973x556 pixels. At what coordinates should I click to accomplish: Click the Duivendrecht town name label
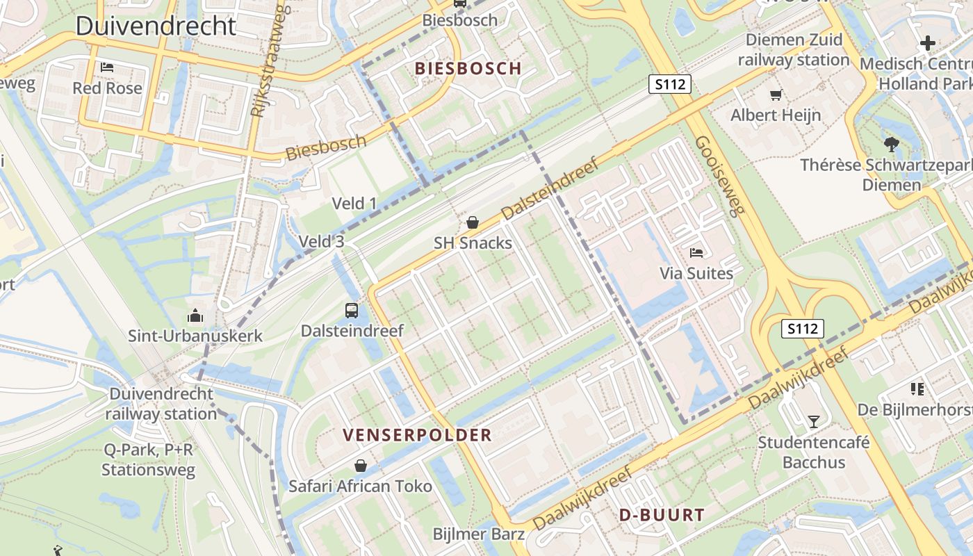(156, 26)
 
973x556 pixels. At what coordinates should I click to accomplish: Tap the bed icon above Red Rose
(107, 67)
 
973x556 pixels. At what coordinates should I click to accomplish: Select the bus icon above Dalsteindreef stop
(352, 310)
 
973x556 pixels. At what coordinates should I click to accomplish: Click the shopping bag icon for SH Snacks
(473, 222)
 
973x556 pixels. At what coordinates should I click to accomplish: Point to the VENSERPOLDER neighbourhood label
(417, 436)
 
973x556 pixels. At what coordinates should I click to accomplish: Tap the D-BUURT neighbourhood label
(662, 516)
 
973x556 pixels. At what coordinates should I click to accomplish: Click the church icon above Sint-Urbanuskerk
(195, 316)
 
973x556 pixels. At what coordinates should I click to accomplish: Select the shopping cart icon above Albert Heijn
(776, 95)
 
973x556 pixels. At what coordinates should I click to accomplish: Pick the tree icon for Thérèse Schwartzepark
(891, 145)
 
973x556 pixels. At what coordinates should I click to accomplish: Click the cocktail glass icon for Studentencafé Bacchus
(813, 421)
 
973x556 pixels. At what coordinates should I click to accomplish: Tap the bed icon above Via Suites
(696, 252)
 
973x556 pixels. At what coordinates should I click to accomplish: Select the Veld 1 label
(354, 204)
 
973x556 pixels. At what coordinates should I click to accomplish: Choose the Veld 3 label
(321, 242)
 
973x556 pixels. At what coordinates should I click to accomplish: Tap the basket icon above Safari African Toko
(360, 465)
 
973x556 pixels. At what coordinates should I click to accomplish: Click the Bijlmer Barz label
(478, 534)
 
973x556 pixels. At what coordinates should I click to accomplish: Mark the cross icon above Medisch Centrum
(928, 44)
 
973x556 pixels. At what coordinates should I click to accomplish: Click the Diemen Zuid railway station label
(794, 49)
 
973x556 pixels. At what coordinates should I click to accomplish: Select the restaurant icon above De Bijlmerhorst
(917, 389)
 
